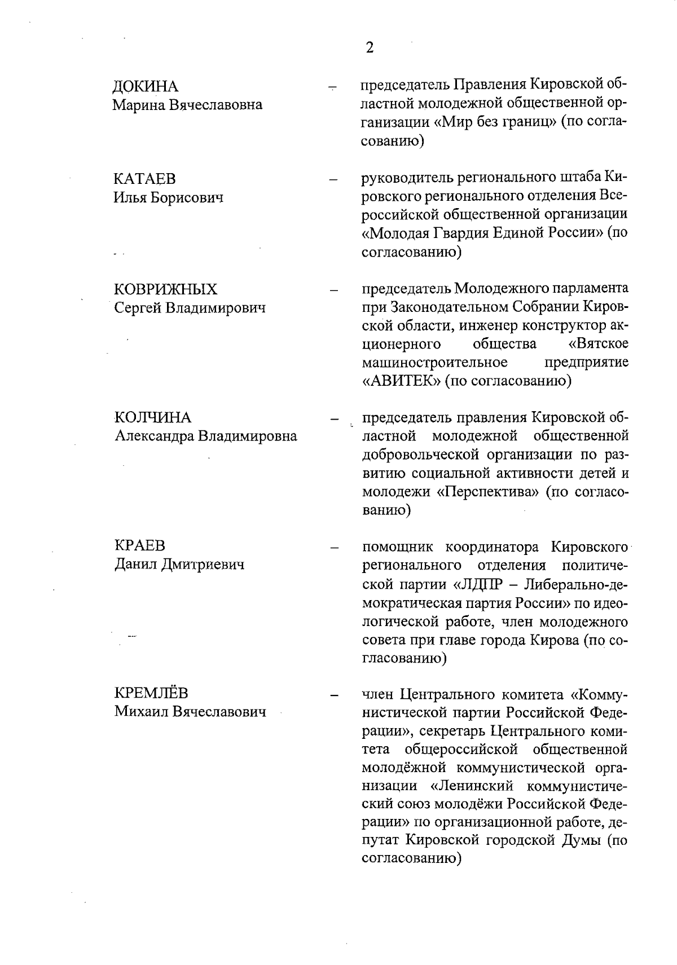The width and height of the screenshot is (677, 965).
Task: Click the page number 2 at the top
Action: (x=370, y=47)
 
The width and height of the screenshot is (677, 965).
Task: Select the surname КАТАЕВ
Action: (x=145, y=179)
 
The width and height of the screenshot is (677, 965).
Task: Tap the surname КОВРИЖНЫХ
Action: (x=166, y=289)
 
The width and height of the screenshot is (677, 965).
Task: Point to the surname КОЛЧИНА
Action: (x=153, y=417)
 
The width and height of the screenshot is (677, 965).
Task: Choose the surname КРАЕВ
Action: (x=140, y=545)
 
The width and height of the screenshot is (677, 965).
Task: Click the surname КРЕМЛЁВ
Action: (x=151, y=693)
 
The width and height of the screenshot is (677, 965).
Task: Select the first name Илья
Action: (x=128, y=197)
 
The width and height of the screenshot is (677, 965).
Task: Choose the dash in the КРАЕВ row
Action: (x=334, y=547)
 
